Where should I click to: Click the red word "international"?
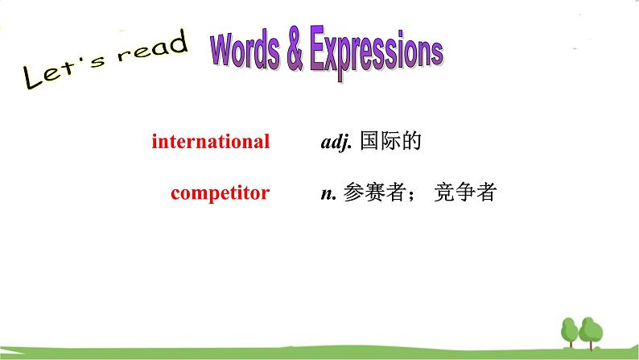click(211, 142)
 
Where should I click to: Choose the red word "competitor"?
click(220, 193)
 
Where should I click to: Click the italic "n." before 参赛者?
click(328, 194)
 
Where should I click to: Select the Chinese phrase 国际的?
click(391, 142)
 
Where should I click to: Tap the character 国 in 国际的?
click(370, 142)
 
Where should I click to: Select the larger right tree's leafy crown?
click(592, 329)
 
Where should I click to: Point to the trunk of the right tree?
click(592, 344)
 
